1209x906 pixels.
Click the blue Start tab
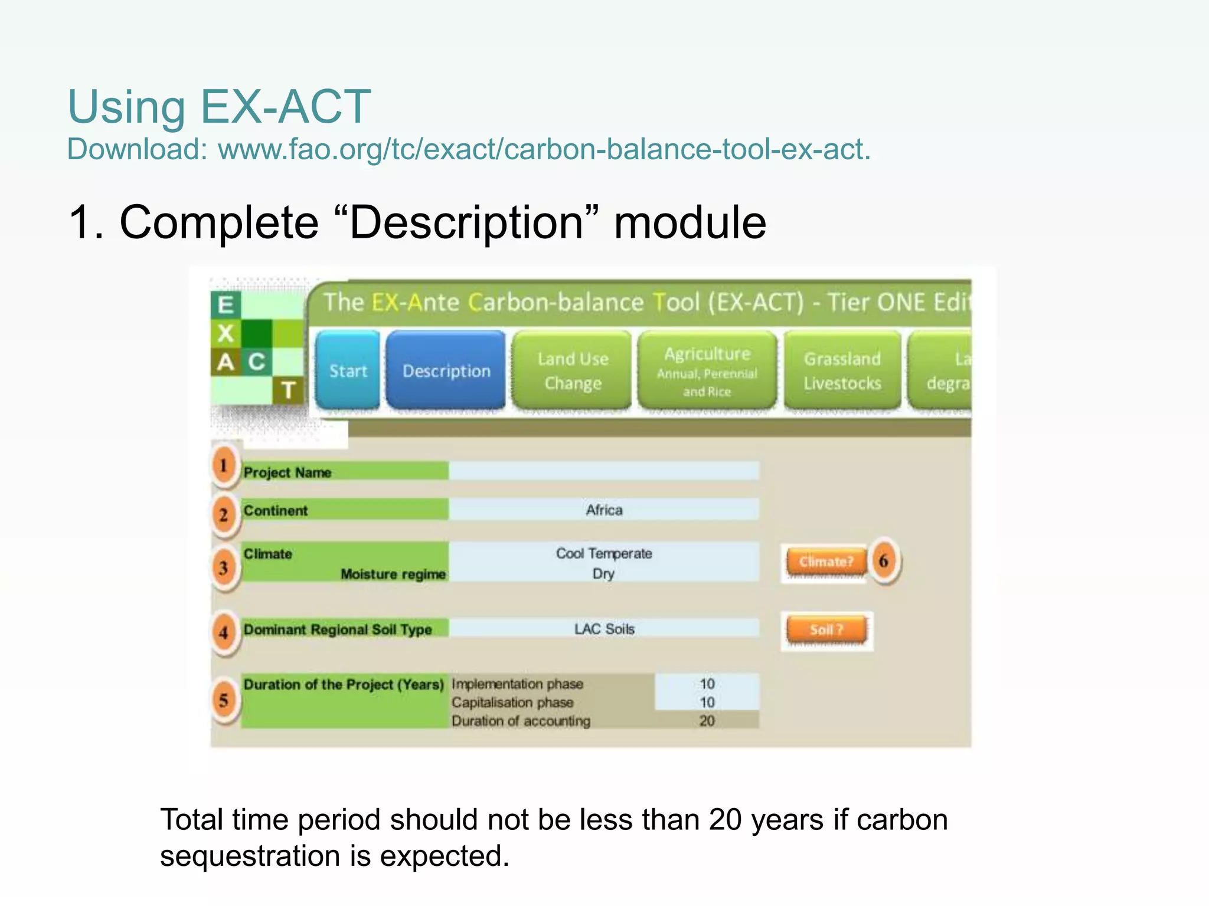point(347,370)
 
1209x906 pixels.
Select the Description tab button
point(446,370)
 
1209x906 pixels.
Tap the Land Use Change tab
point(572,370)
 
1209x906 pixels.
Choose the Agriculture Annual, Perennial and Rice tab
point(707,370)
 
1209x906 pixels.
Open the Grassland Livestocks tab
point(842,370)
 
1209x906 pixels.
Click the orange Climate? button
point(826,562)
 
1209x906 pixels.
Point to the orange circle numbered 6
point(883,560)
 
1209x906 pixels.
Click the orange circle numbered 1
point(224,465)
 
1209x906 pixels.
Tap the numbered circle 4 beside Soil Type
point(224,632)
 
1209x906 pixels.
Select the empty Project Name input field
point(603,471)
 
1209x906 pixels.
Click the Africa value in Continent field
point(603,510)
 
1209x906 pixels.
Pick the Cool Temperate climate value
point(603,553)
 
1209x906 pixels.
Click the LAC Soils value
point(604,629)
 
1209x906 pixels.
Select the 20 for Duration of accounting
point(707,721)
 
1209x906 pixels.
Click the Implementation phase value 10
point(707,684)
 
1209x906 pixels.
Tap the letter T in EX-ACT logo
point(288,390)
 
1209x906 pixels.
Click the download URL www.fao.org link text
point(544,149)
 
